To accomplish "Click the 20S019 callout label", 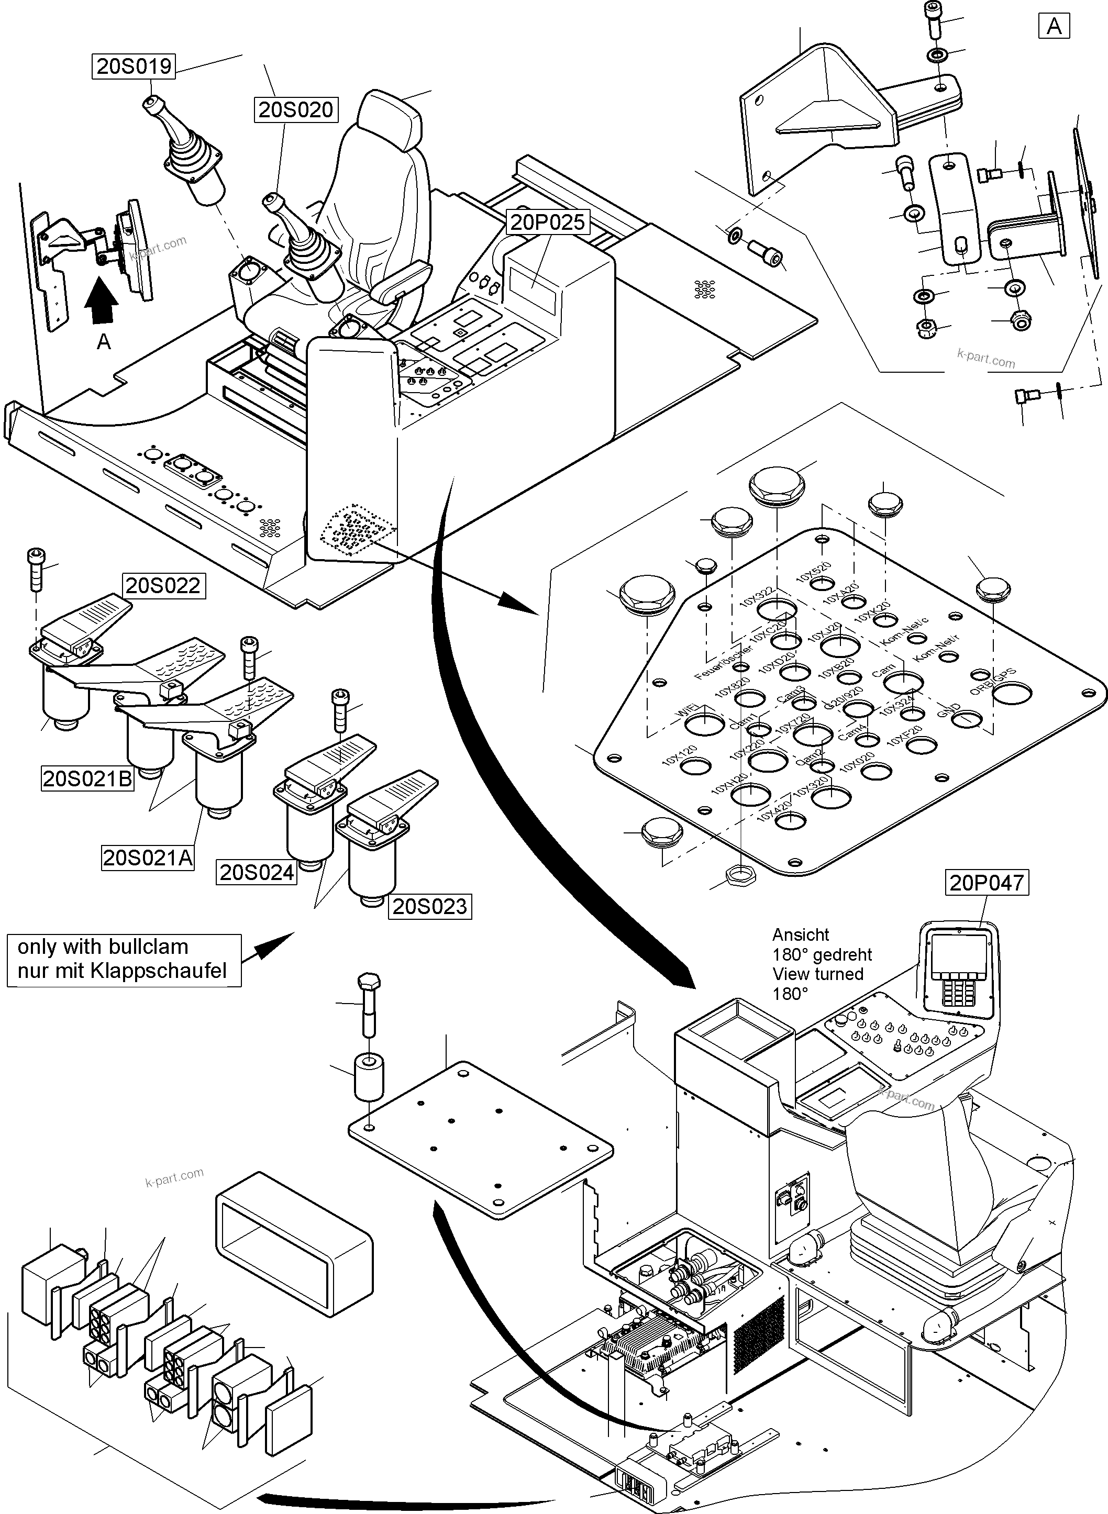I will (x=134, y=66).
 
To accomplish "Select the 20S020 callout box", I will (x=296, y=109).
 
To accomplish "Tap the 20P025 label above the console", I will (x=547, y=222).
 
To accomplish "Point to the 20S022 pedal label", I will (x=163, y=585).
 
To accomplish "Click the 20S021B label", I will (x=87, y=778).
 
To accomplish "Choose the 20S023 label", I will (x=429, y=907).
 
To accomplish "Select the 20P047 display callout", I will (x=987, y=883).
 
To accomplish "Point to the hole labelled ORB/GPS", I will (x=1013, y=693).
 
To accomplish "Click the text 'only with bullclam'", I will (x=103, y=947).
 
